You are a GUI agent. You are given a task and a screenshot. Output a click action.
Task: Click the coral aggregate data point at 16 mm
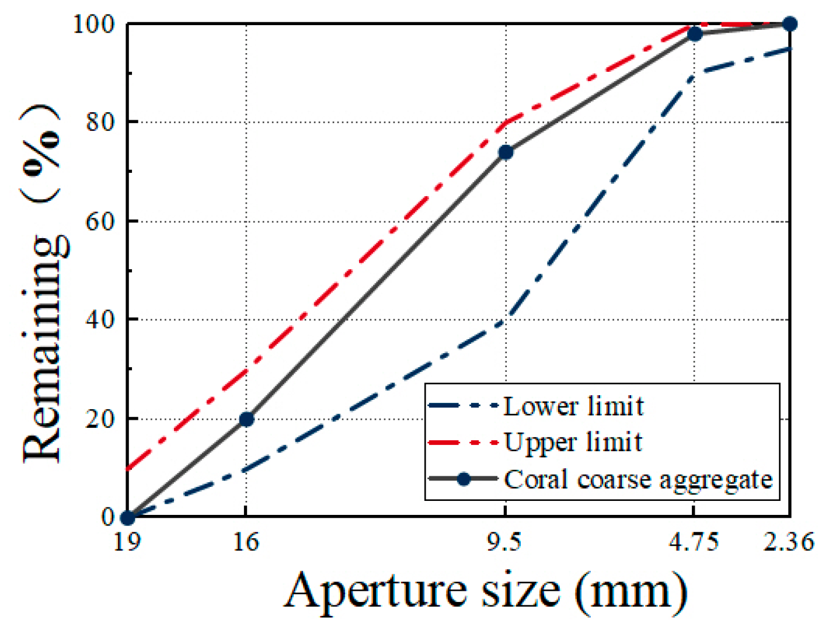pos(246,419)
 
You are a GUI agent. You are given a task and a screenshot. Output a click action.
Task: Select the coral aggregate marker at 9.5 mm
pos(506,152)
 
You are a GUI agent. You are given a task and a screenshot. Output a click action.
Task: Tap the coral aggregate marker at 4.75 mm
pos(695,34)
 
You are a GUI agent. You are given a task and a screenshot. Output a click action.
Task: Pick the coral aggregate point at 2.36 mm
pos(789,24)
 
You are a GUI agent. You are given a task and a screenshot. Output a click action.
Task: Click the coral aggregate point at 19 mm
pos(127,517)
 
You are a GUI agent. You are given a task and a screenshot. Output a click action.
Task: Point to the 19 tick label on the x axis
pos(127,542)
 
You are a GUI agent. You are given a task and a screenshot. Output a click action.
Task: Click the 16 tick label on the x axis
pos(246,542)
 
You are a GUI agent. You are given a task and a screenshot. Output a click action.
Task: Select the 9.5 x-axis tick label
pos(505,542)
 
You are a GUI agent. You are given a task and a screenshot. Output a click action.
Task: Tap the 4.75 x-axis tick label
pos(694,542)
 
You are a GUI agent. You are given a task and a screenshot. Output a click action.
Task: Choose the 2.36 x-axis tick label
pos(788,542)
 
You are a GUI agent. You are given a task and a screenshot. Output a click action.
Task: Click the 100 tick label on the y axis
pos(93,25)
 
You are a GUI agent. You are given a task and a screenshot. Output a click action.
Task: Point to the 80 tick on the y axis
pos(100,123)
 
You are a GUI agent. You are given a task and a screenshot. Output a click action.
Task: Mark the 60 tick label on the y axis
pos(100,222)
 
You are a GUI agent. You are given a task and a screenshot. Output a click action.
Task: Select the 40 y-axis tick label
pos(100,320)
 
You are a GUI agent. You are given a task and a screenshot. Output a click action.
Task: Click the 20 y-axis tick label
pos(100,419)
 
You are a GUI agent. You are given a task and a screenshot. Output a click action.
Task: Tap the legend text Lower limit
pos(573,406)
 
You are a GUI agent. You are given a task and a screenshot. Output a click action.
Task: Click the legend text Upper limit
pos(573,443)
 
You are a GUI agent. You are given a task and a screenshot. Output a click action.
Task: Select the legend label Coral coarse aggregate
pos(638,479)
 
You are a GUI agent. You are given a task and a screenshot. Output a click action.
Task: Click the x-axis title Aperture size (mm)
pos(486,591)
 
